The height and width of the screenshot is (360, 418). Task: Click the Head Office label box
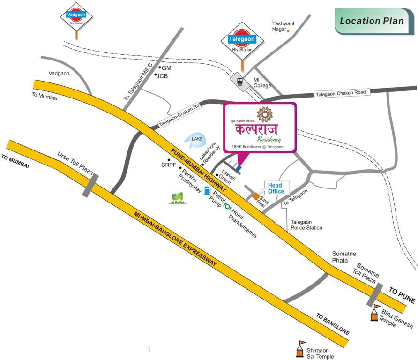coord(276,188)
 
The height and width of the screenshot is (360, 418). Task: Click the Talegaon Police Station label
coord(306,225)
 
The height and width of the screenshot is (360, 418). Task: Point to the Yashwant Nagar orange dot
coord(288,31)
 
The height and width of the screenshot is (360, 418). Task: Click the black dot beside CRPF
coord(164,159)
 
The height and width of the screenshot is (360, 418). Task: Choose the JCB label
coord(162,75)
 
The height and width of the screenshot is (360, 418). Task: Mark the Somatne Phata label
coord(345,256)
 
